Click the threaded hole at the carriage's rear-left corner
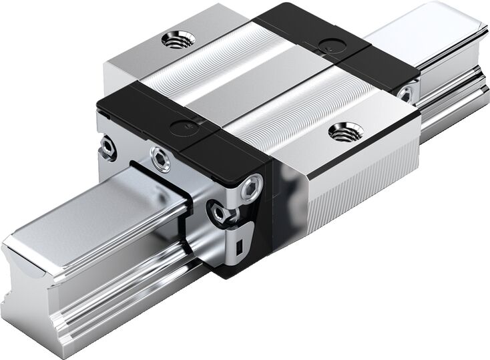(x=178, y=39)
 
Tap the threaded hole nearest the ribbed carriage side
(x=346, y=132)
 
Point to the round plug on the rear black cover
(x=327, y=45)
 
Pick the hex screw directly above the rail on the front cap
(x=160, y=159)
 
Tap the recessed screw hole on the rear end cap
(x=405, y=96)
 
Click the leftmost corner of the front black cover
(x=98, y=107)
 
